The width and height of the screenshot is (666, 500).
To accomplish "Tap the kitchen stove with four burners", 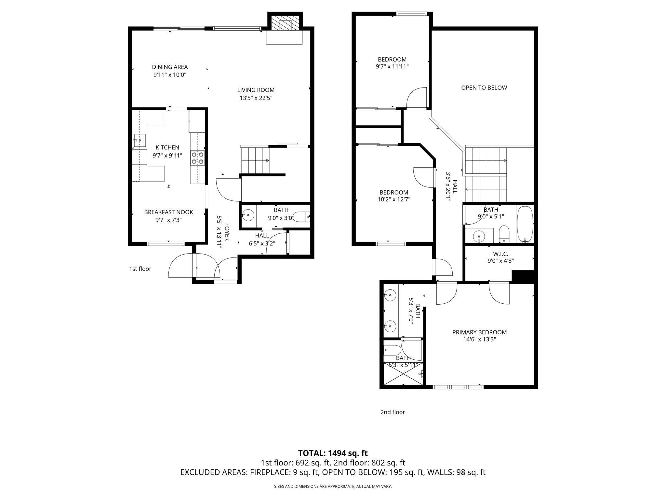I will click(197, 158).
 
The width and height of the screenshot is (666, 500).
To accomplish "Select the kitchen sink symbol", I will click(139, 141).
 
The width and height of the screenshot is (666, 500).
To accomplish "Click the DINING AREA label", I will click(170, 67).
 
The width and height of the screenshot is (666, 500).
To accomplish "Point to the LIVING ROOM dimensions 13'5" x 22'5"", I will click(256, 98).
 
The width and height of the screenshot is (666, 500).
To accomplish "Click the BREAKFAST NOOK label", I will click(168, 212).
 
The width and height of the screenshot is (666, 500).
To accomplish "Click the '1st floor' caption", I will click(140, 269).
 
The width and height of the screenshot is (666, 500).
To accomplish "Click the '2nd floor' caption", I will click(393, 412).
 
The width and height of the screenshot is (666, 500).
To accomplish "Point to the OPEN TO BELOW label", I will click(484, 88).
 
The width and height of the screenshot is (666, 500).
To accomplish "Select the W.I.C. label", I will click(500, 254).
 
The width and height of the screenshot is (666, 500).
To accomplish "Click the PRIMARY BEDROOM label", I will click(479, 332).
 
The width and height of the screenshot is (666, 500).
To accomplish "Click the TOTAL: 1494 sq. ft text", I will click(333, 453).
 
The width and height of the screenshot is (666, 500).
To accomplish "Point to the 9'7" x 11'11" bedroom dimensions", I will click(392, 67).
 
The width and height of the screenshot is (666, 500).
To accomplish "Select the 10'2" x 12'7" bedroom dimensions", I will click(394, 200).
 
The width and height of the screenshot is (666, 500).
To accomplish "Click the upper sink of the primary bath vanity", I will click(390, 296).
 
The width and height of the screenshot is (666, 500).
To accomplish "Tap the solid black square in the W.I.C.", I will click(523, 276).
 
